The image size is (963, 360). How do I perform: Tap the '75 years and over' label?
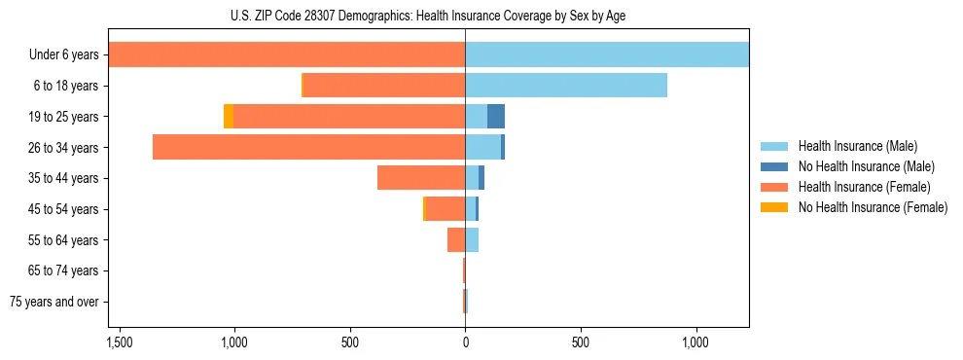click(x=54, y=302)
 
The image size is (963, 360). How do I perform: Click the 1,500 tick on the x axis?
click(x=120, y=343)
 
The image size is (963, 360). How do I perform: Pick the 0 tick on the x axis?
click(x=465, y=343)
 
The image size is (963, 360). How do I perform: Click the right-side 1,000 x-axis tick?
click(x=695, y=343)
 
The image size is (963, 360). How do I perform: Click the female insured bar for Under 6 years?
click(x=287, y=54)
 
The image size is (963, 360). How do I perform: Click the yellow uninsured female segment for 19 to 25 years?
click(x=229, y=116)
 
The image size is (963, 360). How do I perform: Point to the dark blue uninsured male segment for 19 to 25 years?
click(x=496, y=116)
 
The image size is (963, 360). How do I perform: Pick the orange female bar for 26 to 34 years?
click(x=309, y=147)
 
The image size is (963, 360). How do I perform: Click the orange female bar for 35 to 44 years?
click(x=421, y=178)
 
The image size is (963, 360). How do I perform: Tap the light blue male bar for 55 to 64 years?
click(x=472, y=239)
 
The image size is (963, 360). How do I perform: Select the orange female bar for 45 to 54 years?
click(x=446, y=208)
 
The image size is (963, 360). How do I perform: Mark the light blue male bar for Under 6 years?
click(x=607, y=54)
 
